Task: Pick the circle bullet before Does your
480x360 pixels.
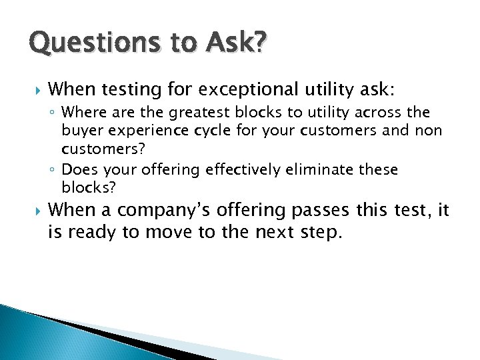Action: tap(53, 171)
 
